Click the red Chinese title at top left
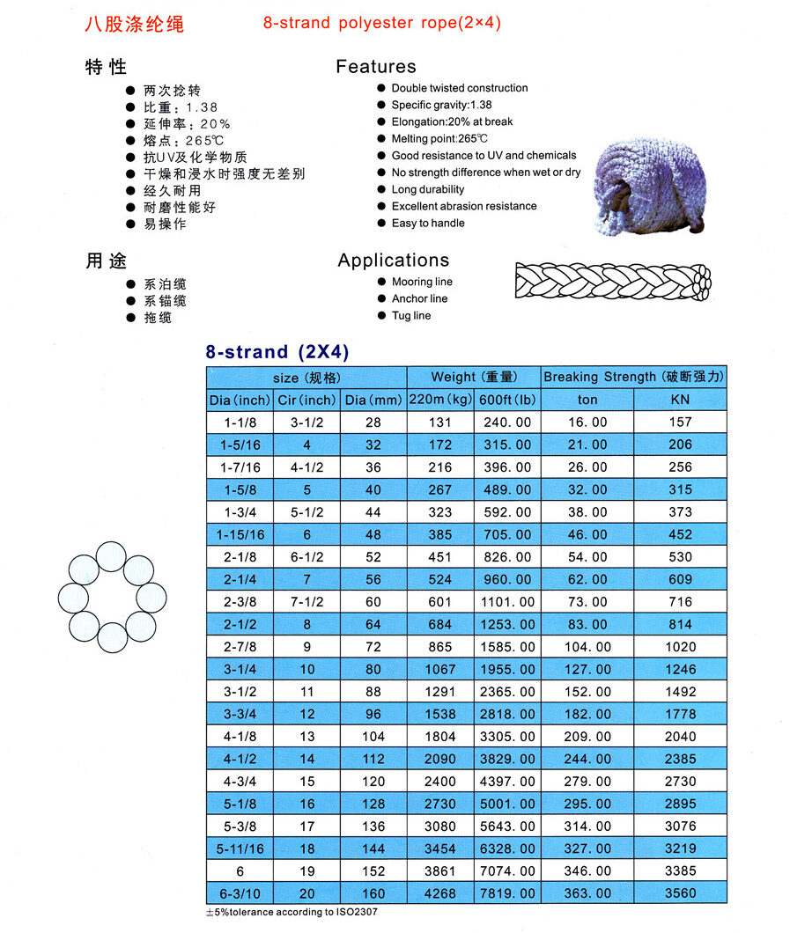coord(135,24)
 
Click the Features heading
coord(376,67)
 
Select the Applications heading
coord(393,261)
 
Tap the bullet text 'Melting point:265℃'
coord(439,139)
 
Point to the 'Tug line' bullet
coord(411,316)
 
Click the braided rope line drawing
coord(613,281)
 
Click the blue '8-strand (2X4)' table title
coord(277,352)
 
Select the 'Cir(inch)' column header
coord(307,400)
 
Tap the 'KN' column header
coord(681,400)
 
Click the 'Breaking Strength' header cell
coord(634,377)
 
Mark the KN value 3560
coord(681,893)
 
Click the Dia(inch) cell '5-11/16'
coord(240,849)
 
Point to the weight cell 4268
coord(440,893)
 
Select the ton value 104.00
coord(587,647)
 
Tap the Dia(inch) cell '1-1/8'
coord(240,422)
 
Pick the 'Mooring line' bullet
coord(422,283)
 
